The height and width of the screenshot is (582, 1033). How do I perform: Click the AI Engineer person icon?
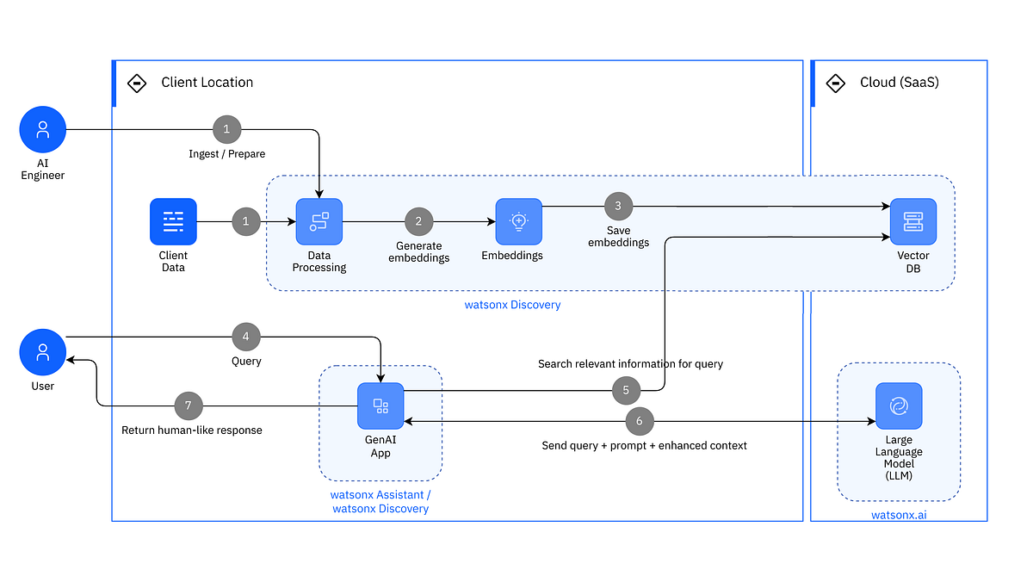pos(43,130)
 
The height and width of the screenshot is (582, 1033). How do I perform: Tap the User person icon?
pos(43,352)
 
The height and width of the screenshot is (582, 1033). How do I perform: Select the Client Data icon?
pos(173,222)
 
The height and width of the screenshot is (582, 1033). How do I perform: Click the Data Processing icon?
pos(319,222)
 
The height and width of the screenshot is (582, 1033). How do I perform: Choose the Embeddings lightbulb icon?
pos(518,222)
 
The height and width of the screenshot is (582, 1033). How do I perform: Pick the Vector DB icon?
pos(912,222)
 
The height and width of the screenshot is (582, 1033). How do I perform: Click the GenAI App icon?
pos(380,406)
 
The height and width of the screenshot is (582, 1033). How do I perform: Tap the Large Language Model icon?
pos(899,406)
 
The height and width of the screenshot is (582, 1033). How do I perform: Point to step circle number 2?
pos(418,221)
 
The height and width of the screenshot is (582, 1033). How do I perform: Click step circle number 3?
pos(618,206)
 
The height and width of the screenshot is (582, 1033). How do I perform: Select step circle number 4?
pos(246,337)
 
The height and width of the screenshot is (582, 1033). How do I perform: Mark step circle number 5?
pos(626,390)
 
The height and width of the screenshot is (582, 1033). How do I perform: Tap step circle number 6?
pos(639,422)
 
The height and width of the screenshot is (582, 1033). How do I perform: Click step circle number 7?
pos(188,406)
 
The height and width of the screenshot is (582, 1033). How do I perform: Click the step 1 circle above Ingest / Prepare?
pos(226,130)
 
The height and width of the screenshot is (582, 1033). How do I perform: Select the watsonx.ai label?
pos(899,515)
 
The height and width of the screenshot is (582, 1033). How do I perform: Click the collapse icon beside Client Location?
pos(136,83)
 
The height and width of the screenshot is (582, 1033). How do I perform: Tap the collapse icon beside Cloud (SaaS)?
pos(835,83)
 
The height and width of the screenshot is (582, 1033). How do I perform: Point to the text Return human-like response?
pos(192,430)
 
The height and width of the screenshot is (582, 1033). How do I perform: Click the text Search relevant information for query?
pos(630,363)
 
